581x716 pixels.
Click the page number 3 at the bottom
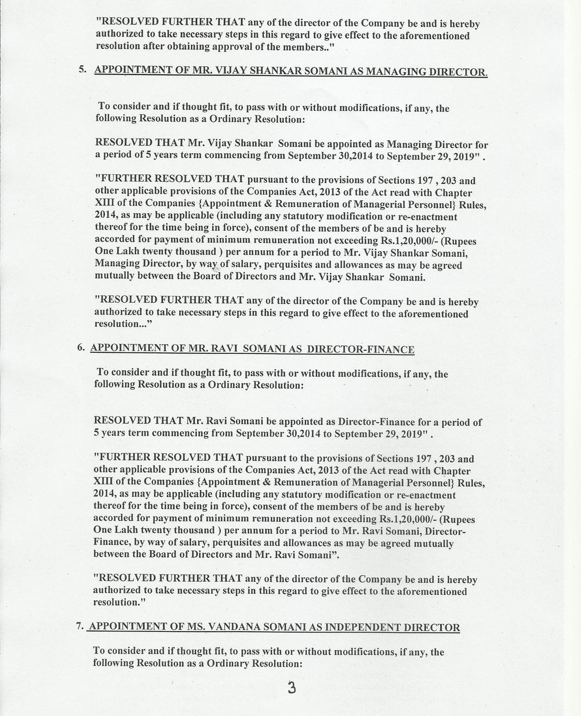click(292, 688)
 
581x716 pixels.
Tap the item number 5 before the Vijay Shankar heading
click(82, 69)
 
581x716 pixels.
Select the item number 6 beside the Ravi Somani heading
click(80, 346)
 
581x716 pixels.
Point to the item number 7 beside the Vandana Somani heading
click(80, 625)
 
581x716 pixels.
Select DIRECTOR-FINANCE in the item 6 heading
click(361, 349)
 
